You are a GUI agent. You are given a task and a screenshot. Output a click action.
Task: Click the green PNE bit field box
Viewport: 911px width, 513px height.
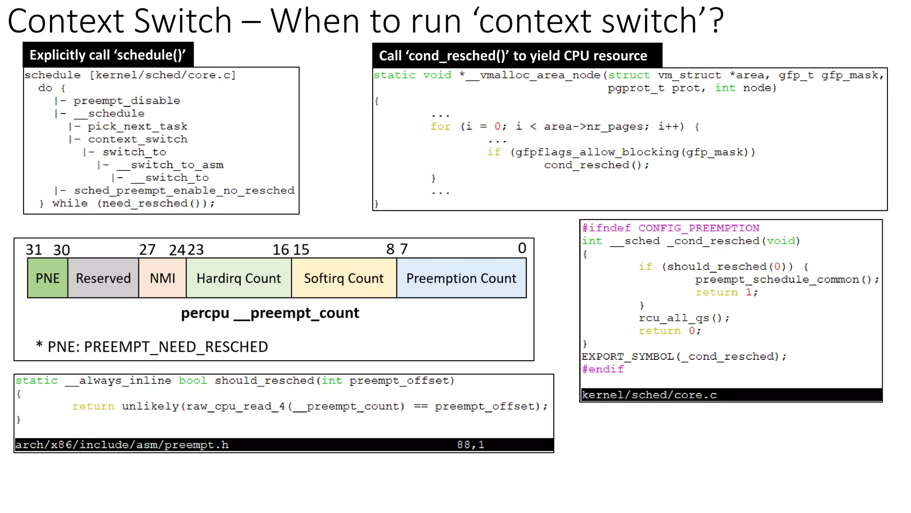coord(48,278)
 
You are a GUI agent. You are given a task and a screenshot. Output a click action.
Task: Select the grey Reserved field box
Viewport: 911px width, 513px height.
coord(103,278)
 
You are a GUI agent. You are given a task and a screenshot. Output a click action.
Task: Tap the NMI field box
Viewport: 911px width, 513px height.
coord(162,278)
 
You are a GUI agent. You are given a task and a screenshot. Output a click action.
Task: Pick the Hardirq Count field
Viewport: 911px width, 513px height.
coord(239,278)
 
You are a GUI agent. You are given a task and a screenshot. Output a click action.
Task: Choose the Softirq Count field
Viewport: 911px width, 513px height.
coord(344,278)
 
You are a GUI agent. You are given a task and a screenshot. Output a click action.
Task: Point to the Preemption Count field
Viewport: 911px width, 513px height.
coord(461,278)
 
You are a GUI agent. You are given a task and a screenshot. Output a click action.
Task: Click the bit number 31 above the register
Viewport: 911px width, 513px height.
coord(34,250)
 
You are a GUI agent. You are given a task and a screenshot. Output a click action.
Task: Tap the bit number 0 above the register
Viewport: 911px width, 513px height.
coord(522,248)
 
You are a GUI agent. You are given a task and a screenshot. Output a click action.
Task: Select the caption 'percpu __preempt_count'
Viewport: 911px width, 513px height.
coord(270,313)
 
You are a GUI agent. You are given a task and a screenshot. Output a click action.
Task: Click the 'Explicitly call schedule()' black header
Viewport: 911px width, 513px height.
coord(108,55)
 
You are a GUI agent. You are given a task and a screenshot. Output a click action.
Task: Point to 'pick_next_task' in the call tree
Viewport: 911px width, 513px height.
coord(137,126)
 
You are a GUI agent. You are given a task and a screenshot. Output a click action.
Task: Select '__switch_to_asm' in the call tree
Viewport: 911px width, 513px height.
coord(170,165)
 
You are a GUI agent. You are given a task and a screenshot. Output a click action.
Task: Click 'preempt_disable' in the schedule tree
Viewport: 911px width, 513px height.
coord(127,101)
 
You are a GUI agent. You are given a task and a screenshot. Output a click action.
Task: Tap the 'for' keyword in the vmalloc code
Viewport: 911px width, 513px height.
coord(440,126)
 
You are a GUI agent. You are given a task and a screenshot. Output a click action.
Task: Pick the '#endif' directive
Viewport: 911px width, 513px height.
coord(603,369)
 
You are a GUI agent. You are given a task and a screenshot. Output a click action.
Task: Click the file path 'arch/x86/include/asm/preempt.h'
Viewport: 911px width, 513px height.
coord(122,445)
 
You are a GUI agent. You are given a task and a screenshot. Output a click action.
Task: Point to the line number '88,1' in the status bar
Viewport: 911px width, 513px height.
coord(471,445)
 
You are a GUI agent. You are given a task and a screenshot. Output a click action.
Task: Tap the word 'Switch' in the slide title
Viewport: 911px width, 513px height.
coord(183,21)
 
